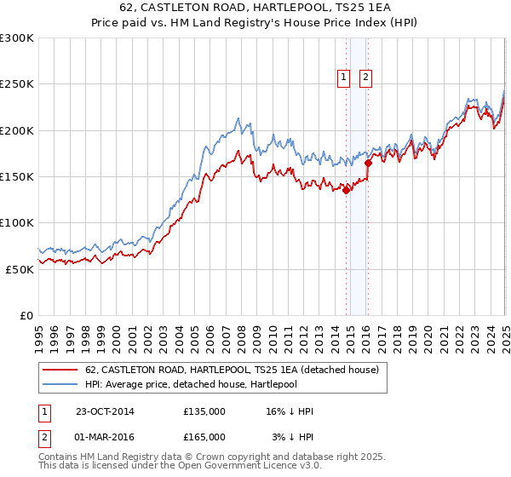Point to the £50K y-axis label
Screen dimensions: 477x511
pos(19,268)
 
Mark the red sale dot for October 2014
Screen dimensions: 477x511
pos(347,191)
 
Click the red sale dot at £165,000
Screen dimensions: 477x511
pos(368,163)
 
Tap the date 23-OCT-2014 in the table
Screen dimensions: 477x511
pos(105,411)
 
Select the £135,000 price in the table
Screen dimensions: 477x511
pos(204,411)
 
